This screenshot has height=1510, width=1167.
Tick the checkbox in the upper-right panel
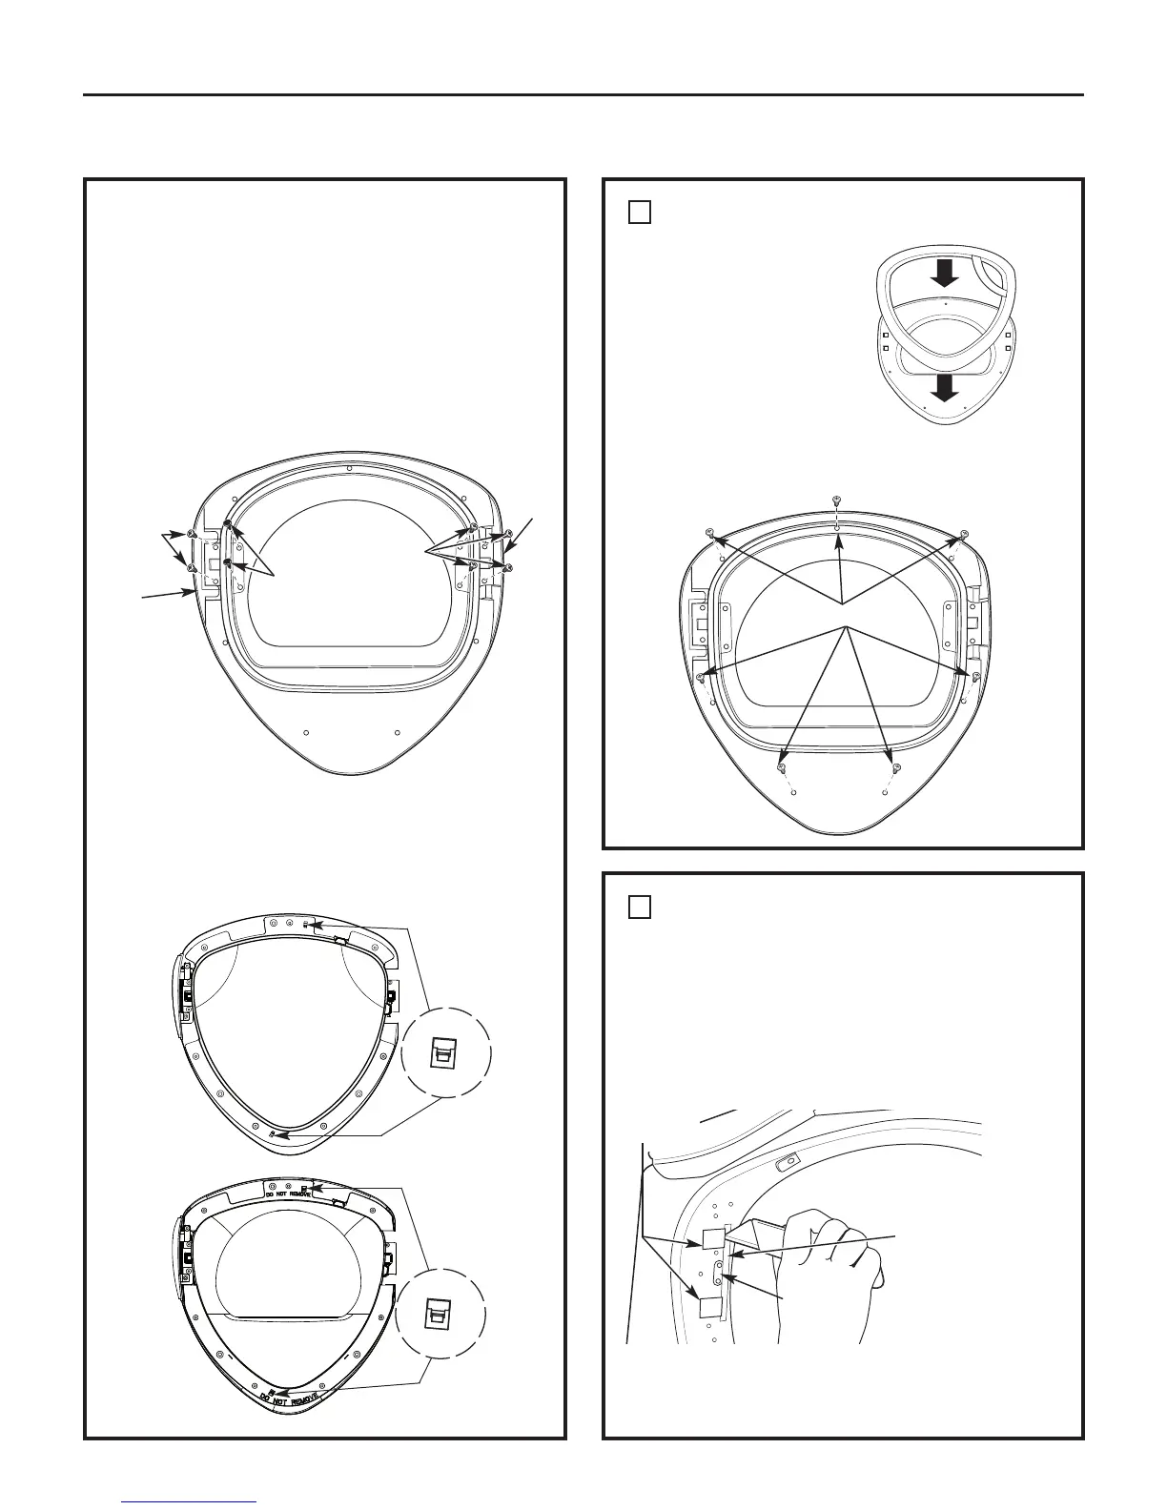(x=640, y=212)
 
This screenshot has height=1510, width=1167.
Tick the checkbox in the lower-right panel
(x=640, y=906)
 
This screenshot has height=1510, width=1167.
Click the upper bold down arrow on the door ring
(x=944, y=275)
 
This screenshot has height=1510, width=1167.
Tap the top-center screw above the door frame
(x=836, y=500)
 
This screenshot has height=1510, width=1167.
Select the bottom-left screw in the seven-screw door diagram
(x=782, y=766)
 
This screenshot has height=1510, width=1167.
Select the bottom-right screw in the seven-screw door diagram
(x=896, y=766)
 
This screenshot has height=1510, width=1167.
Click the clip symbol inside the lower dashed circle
(x=441, y=1316)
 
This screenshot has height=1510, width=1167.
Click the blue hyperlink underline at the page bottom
(x=190, y=1502)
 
